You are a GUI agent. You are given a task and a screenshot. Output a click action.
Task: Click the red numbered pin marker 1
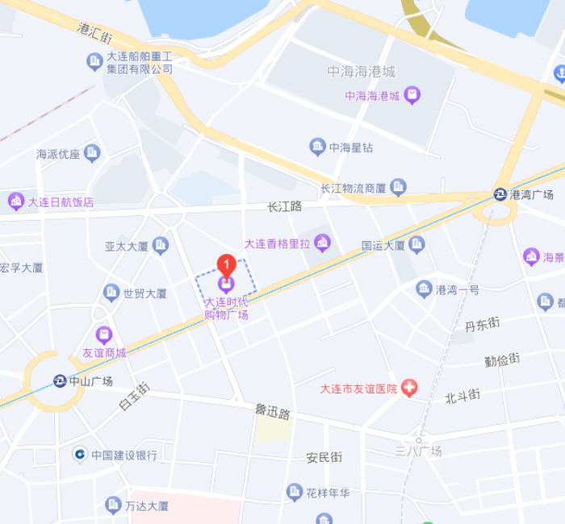[228, 264]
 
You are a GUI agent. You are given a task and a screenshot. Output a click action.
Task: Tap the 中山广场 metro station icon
[60, 381]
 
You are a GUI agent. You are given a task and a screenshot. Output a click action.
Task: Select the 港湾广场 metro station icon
[500, 194]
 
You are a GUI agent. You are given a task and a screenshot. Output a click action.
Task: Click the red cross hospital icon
[410, 389]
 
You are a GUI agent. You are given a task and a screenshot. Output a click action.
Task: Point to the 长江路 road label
[284, 206]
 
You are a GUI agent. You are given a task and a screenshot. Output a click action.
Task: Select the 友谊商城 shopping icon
[103, 335]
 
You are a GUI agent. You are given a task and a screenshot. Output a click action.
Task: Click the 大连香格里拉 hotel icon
[323, 242]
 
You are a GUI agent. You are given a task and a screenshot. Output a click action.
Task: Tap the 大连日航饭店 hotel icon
[16, 201]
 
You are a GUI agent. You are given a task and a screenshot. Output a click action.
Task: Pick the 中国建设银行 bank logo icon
[79, 455]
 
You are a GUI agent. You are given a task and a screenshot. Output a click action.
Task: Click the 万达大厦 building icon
[112, 505]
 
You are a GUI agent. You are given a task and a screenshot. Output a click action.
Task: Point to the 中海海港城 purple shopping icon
[412, 96]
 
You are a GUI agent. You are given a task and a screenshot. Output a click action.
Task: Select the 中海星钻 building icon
[318, 147]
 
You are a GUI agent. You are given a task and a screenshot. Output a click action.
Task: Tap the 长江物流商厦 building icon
[398, 188]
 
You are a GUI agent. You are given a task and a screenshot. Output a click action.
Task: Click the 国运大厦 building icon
[416, 244]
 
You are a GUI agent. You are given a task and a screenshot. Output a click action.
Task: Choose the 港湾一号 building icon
[424, 289]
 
